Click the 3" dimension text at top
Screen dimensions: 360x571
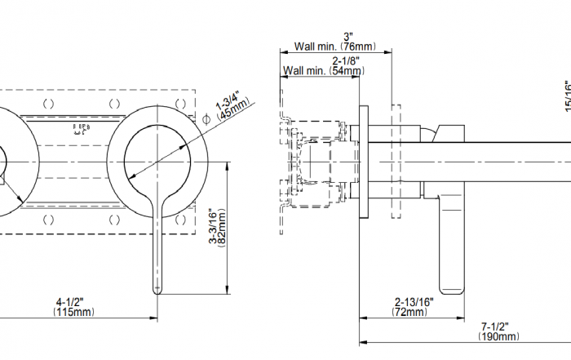(x=348, y=37)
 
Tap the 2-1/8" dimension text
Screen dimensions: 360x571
(x=347, y=61)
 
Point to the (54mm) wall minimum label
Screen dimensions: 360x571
(x=346, y=72)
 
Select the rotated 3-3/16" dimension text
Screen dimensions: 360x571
(x=212, y=230)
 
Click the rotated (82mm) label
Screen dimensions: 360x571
(x=222, y=230)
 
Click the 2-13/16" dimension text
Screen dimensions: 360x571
(x=414, y=301)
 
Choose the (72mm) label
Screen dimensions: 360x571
(x=410, y=312)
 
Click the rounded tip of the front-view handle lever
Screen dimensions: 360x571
(x=157, y=288)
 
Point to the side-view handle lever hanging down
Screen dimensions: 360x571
(x=451, y=245)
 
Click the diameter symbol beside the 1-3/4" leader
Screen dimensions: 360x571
(x=206, y=120)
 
